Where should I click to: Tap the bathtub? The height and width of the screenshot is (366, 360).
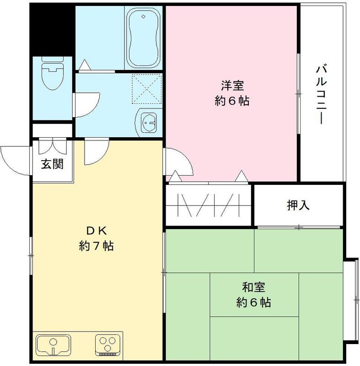144,39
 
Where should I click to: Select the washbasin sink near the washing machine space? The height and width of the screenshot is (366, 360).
149,122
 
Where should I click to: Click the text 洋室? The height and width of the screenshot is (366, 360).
232,86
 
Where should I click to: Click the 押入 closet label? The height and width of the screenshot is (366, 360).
298,205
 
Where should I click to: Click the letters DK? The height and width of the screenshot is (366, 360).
96,230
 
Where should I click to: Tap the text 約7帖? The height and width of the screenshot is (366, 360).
96,246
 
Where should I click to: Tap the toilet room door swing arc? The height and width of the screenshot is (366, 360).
87,101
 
